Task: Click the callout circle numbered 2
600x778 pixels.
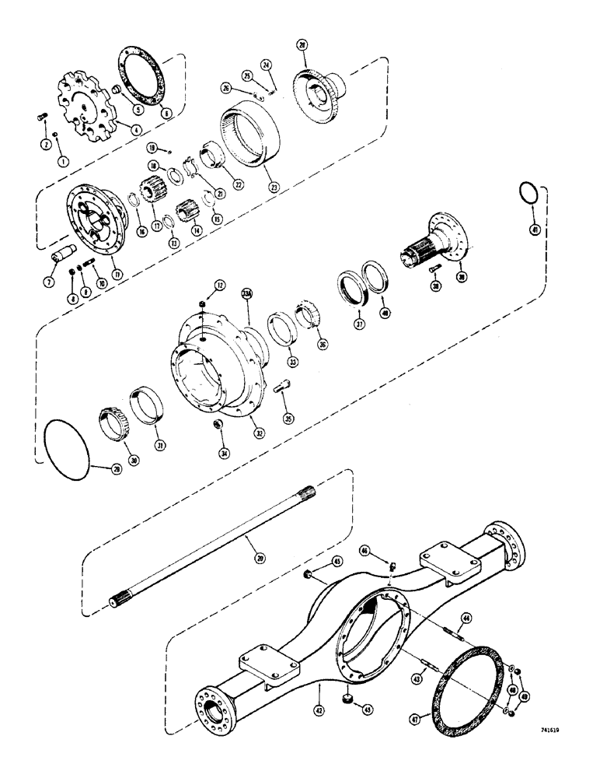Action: point(46,145)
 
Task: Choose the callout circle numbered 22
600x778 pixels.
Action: point(238,184)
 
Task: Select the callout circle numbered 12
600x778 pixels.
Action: point(221,286)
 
